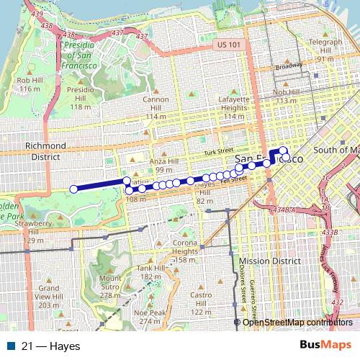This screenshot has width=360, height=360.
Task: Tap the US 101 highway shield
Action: tap(225, 45)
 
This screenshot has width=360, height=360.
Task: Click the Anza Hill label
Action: tap(170, 165)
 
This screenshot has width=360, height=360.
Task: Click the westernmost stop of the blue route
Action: tap(73, 189)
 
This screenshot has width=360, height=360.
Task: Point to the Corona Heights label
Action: tap(186, 251)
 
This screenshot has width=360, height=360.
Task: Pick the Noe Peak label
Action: tap(149, 317)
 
